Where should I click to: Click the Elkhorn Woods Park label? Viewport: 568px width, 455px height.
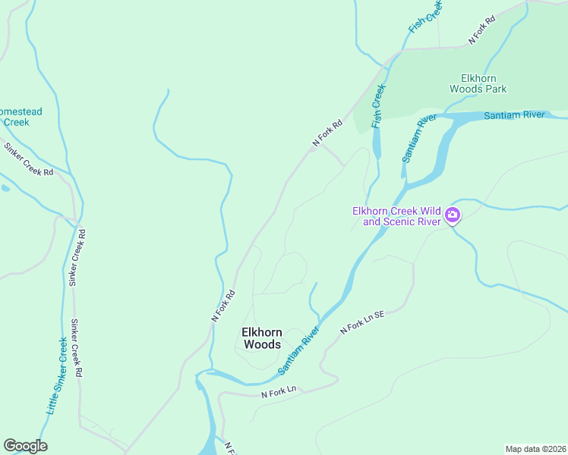pyautogui.click(x=478, y=83)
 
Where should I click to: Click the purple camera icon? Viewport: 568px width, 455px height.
pyautogui.click(x=453, y=215)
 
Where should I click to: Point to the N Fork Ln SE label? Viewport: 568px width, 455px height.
pyautogui.click(x=363, y=326)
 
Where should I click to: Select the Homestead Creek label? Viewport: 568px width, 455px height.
pyautogui.click(x=20, y=117)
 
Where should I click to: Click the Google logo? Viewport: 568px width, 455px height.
pyautogui.click(x=25, y=446)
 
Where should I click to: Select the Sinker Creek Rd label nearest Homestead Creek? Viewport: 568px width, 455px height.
pyautogui.click(x=28, y=160)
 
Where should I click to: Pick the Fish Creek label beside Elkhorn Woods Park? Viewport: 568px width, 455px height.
pyautogui.click(x=378, y=106)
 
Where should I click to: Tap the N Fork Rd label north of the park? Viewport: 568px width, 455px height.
pyautogui.click(x=482, y=31)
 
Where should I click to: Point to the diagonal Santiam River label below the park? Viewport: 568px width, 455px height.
pyautogui.click(x=418, y=139)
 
